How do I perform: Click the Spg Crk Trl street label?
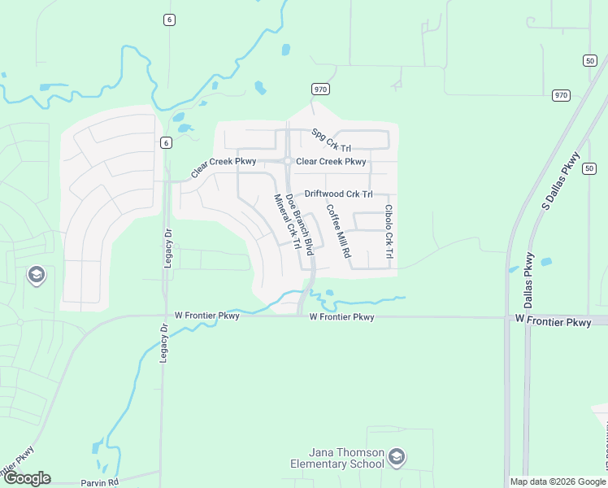(330, 142)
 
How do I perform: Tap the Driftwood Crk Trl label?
(338, 194)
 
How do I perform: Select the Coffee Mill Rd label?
(338, 230)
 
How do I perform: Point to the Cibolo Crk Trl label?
(389, 232)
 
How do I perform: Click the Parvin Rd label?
(99, 482)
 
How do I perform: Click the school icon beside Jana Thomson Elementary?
(396, 456)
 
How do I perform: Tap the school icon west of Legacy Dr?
(36, 276)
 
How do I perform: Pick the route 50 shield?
(589, 60)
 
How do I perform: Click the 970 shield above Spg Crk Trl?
(319, 89)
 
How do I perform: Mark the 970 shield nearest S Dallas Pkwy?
(561, 95)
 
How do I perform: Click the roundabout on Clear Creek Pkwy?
(288, 161)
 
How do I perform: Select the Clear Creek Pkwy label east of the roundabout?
(331, 161)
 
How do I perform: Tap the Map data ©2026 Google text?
(558, 481)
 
